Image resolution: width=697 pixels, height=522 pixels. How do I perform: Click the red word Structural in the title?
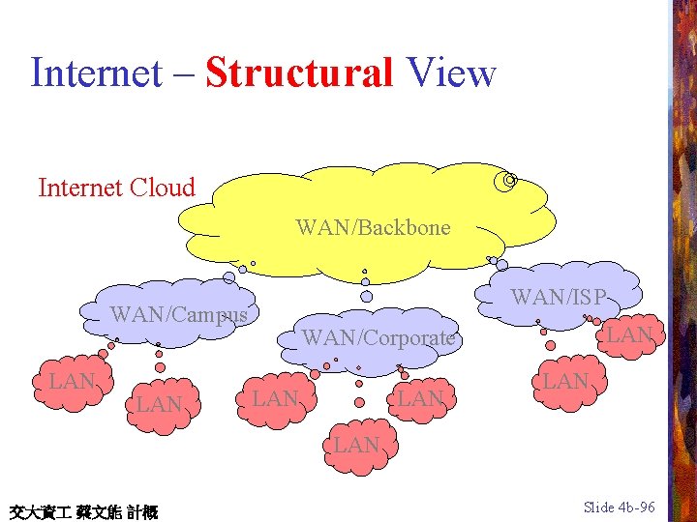point(298,72)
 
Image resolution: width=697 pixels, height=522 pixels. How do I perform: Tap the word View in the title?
point(451,72)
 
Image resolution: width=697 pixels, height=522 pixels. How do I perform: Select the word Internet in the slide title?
point(95,72)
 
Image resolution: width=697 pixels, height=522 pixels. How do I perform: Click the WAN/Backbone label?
point(373,228)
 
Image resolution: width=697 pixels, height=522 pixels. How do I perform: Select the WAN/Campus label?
point(179,314)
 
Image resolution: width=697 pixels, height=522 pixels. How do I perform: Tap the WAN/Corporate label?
point(379,338)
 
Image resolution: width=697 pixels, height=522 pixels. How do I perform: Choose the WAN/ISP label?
point(559,297)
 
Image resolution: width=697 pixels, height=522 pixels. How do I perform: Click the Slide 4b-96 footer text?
point(620,507)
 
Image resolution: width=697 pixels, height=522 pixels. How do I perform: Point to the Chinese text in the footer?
point(83,510)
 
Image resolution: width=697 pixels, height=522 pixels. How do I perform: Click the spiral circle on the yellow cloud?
point(507,180)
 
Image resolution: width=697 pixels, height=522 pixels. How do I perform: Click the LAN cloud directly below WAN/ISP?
point(565,382)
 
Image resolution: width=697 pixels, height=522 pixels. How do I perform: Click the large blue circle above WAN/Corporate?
point(366,296)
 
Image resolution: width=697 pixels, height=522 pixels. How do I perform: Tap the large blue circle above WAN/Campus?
point(229,277)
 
